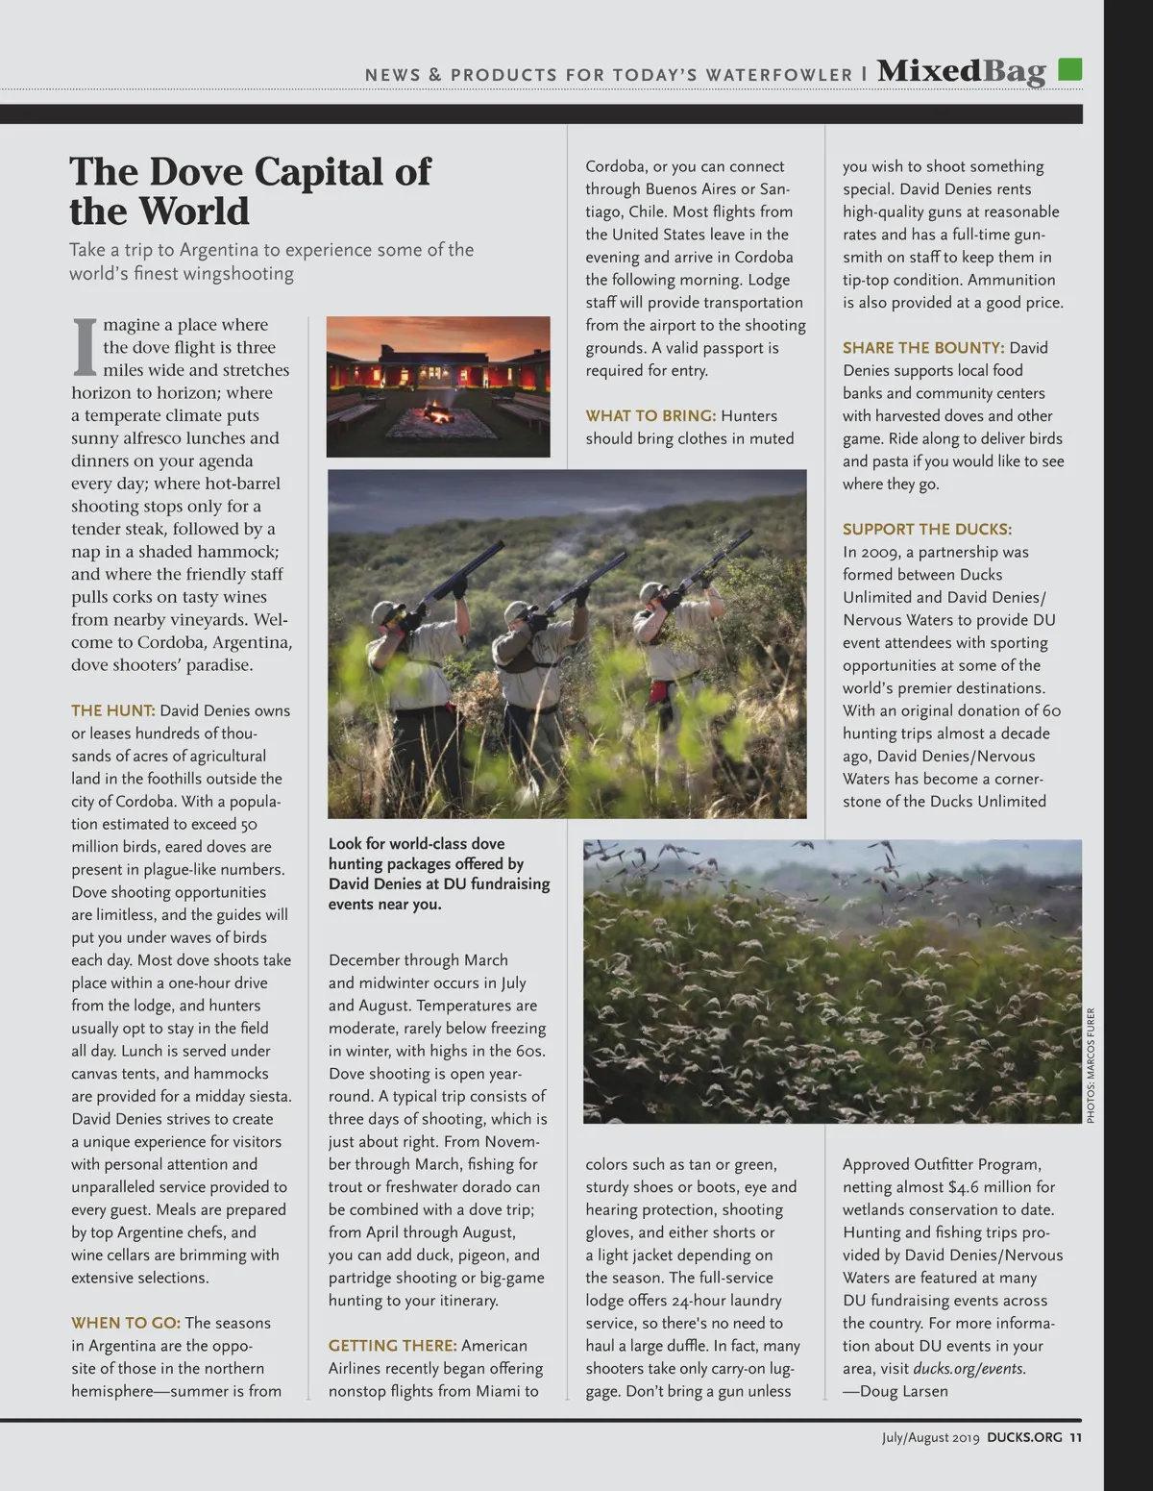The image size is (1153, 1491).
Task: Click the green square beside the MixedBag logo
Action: point(1069,69)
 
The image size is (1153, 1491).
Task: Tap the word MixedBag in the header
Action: point(961,72)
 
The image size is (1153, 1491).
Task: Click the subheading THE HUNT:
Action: point(113,710)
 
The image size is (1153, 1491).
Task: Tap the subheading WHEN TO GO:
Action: point(126,1323)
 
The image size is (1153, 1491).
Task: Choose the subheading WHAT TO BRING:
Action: point(650,415)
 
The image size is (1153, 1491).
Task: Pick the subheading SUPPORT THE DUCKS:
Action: point(927,529)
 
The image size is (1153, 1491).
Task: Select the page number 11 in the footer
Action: point(1075,1438)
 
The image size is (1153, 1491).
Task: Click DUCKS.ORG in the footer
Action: point(1024,1438)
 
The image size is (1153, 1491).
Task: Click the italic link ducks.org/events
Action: point(969,1369)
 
